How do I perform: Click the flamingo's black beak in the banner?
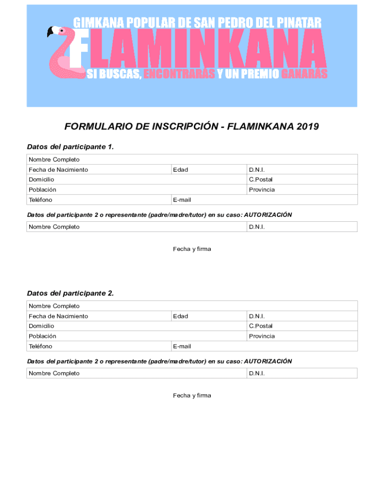click(x=50, y=33)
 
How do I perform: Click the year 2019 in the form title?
click(x=306, y=127)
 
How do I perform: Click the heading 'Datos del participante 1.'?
click(x=70, y=147)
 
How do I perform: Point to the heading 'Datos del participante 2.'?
click(x=70, y=293)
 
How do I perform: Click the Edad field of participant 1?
click(x=209, y=169)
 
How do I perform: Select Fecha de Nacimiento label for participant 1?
click(x=58, y=169)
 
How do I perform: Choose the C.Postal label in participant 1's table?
click(x=261, y=180)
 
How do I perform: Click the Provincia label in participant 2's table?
click(x=262, y=336)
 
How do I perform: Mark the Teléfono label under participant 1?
click(x=40, y=199)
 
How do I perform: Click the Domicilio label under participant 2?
click(x=41, y=326)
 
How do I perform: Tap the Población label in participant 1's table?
click(x=42, y=189)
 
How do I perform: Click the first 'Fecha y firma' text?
click(x=192, y=249)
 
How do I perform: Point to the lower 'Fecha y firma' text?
click(x=192, y=396)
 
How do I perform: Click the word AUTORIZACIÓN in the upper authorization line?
click(x=268, y=215)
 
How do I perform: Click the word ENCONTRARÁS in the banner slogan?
click(x=179, y=74)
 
